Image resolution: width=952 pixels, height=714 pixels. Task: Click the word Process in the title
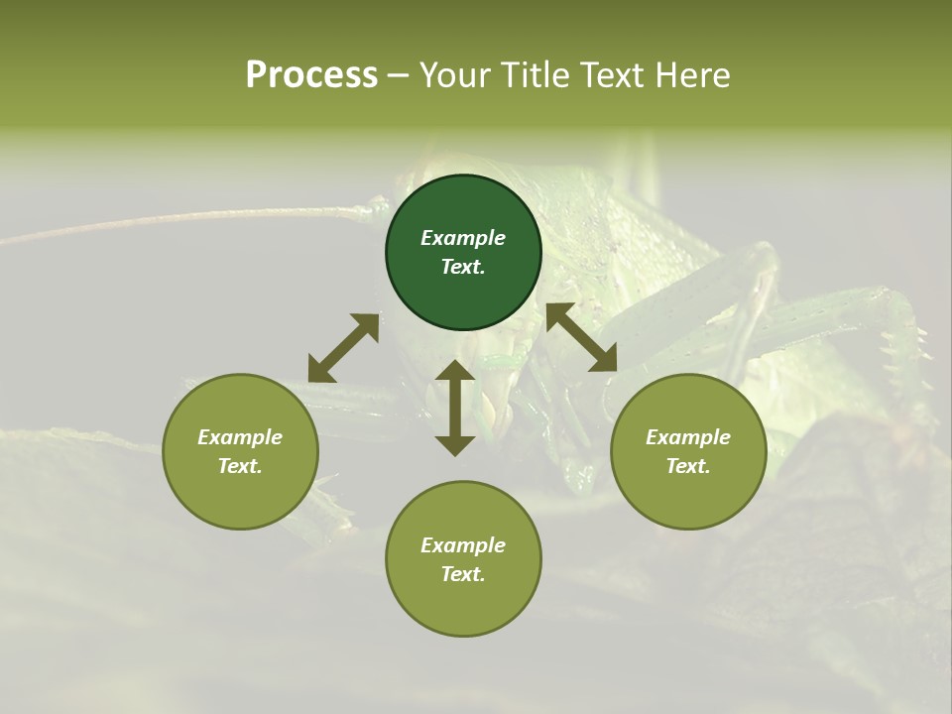[x=311, y=75]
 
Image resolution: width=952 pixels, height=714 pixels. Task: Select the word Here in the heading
[x=691, y=75]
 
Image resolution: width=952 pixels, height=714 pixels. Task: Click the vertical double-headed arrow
[x=455, y=408]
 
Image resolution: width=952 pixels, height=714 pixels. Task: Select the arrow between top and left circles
[x=343, y=348]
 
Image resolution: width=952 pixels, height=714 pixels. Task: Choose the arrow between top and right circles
[x=582, y=337]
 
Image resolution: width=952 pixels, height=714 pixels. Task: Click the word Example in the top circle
[x=463, y=238]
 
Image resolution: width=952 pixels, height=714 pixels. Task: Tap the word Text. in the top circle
[x=463, y=267]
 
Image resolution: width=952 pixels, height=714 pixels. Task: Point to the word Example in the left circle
[x=240, y=437]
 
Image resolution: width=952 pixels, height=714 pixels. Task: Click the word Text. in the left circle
[x=240, y=466]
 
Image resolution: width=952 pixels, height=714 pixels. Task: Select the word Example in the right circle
[x=688, y=437]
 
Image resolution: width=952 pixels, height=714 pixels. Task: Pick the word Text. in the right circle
[x=688, y=466]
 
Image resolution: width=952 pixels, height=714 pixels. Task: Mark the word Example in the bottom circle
[x=463, y=545]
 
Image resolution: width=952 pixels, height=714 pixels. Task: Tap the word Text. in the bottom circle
[x=463, y=574]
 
